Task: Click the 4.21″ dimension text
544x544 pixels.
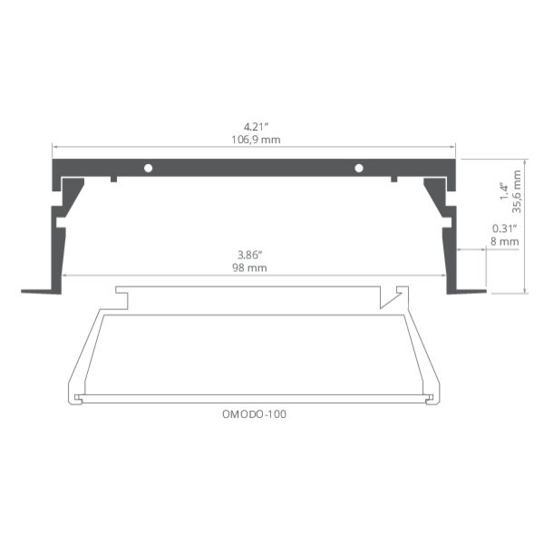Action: [x=256, y=127]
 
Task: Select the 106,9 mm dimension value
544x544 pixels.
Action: [x=256, y=140]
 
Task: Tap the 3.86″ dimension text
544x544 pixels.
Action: [x=250, y=255]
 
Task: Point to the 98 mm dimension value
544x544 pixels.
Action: [x=250, y=267]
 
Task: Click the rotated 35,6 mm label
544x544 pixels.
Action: [x=517, y=191]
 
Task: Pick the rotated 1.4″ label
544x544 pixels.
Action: [x=504, y=191]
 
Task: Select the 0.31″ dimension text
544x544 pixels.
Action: [x=505, y=228]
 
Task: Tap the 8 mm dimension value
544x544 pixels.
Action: [x=505, y=241]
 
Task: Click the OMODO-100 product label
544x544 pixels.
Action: [x=254, y=414]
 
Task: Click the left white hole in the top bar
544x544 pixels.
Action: [x=148, y=169]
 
